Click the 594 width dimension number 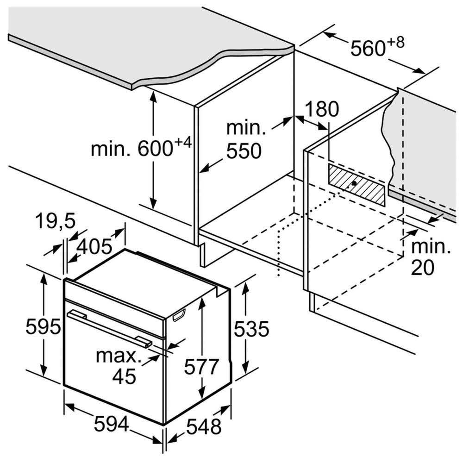point(111,424)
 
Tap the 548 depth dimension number point(204,426)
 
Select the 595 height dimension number point(43,327)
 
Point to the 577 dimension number point(201,366)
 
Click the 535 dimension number point(251,329)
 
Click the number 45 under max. point(124,376)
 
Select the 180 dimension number point(321,109)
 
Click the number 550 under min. point(244,151)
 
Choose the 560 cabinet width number point(368,49)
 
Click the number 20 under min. point(423,268)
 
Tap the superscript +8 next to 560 point(395,43)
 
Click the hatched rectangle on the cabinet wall point(357,185)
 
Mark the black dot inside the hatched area point(354,183)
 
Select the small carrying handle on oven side point(179,314)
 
